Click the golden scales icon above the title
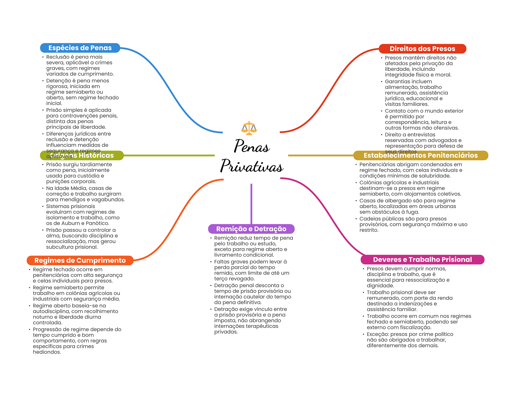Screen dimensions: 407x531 249,128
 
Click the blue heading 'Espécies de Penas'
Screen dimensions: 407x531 80,48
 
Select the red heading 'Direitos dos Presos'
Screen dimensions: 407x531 422,49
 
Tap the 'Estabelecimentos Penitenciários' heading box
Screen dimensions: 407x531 421,155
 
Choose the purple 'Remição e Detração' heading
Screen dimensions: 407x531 251,229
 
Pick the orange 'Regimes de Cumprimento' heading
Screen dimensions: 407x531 80,260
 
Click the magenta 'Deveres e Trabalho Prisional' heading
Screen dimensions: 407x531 422,260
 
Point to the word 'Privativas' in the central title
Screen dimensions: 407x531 252,166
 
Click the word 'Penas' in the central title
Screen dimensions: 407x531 252,147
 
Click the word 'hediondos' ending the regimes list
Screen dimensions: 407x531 47,352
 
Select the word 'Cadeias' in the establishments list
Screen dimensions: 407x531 369,219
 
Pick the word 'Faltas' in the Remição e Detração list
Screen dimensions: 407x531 222,262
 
